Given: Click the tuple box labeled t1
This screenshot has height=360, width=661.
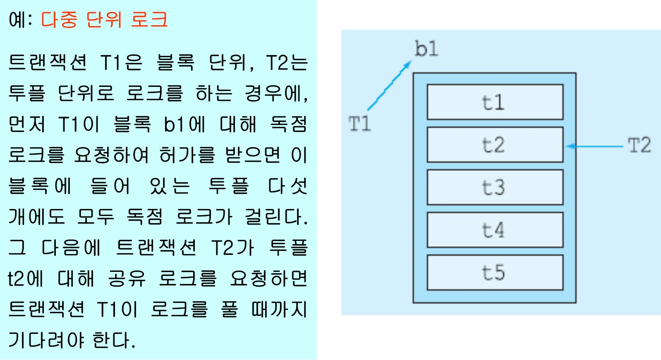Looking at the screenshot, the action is coord(495,102).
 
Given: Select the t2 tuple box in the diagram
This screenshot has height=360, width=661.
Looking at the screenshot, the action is coord(495,145).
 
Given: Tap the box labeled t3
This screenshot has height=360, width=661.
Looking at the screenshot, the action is coord(495,187).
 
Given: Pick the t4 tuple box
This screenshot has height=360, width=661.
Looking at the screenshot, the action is coord(495,230).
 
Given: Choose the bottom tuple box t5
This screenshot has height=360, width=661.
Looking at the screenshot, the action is coord(495,273).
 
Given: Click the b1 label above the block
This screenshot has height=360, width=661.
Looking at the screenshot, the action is coord(426,49).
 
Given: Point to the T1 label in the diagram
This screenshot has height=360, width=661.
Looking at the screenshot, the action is coord(359,124).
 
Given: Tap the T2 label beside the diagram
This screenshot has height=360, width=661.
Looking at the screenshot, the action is coord(639,145).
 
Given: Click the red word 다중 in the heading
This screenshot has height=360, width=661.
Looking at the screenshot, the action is coord(59,19).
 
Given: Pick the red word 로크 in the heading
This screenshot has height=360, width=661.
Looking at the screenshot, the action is coord(149,19).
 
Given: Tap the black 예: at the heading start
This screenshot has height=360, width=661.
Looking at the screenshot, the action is coord(20,19).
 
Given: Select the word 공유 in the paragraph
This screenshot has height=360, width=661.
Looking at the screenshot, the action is coord(127,278).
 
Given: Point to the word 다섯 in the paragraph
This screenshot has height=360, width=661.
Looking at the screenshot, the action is coord(287,186).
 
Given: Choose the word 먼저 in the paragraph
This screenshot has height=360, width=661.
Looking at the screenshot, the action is coord(27,124).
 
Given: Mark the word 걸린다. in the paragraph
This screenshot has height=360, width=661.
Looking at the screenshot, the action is coord(276,217).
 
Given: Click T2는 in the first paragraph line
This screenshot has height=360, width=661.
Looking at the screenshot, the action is coord(287,63).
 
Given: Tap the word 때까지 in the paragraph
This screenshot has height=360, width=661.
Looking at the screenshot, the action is coord(279,309).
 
